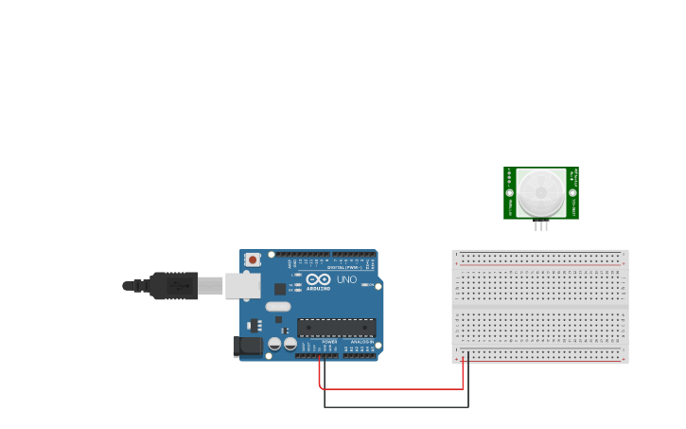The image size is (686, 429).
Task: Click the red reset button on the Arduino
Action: pyautogui.click(x=253, y=259)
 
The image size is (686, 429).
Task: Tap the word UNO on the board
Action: pyautogui.click(x=347, y=279)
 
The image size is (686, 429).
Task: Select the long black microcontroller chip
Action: pyautogui.click(x=336, y=328)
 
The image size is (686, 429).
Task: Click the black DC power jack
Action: pyautogui.click(x=248, y=347)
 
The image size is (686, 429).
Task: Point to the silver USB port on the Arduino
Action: pyautogui.click(x=242, y=285)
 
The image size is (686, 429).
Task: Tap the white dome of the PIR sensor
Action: pyautogui.click(x=541, y=193)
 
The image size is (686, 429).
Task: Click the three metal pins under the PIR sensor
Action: pyautogui.click(x=541, y=225)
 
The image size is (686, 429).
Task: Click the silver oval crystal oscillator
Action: pyautogui.click(x=277, y=306)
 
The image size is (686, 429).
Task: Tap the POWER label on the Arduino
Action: pyautogui.click(x=329, y=342)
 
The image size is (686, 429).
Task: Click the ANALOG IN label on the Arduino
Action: pyautogui.click(x=361, y=342)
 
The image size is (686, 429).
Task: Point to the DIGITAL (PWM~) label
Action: pyautogui.click(x=342, y=267)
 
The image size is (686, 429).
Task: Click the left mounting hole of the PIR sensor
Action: pyautogui.click(x=509, y=193)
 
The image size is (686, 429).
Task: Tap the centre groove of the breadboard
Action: pyautogui.click(x=540, y=307)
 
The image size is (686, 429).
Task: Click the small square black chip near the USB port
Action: pyautogui.click(x=280, y=289)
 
